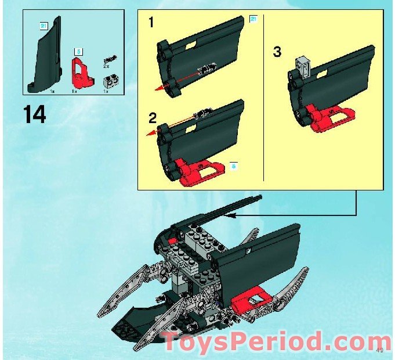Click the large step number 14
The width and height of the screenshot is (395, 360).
pos(35,115)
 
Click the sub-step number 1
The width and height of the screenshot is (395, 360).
pos(151,24)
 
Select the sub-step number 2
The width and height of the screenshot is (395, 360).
pos(153,118)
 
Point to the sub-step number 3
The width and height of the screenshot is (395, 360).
pos(277,52)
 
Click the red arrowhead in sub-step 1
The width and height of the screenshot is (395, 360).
pos(157,89)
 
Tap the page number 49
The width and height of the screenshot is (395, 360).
pos(379,349)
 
